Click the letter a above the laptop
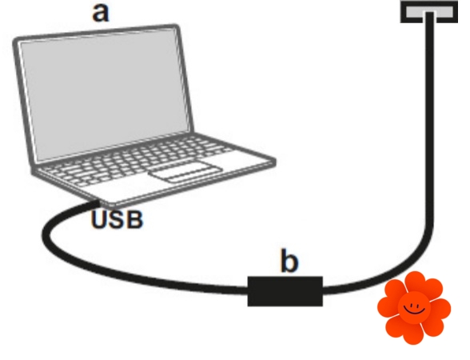pyautogui.click(x=101, y=14)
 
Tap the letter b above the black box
pyautogui.click(x=289, y=261)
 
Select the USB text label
pyautogui.click(x=117, y=220)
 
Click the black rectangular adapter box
pyautogui.click(x=285, y=291)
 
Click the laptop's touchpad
pyautogui.click(x=186, y=172)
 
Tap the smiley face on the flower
pyautogui.click(x=414, y=308)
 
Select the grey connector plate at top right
pyautogui.click(x=429, y=12)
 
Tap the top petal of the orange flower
pyautogui.click(x=415, y=281)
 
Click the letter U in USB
pyautogui.click(x=99, y=220)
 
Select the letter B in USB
pyautogui.click(x=134, y=220)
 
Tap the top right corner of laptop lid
pyautogui.click(x=177, y=27)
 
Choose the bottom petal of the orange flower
pyautogui.click(x=413, y=334)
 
